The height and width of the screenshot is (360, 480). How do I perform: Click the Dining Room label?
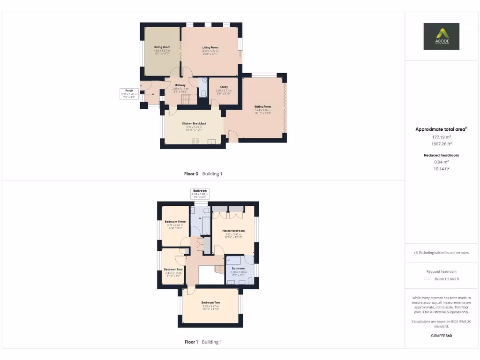(162, 47)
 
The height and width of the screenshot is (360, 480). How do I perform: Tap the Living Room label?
(210, 47)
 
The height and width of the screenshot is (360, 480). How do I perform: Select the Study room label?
(224, 87)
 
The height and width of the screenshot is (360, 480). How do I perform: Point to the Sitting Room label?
(262, 107)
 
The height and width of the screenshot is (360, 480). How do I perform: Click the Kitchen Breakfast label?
(194, 123)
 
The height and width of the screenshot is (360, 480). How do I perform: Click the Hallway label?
(180, 85)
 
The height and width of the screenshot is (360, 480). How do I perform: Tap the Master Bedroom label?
(233, 231)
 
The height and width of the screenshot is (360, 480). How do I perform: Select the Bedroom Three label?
(175, 222)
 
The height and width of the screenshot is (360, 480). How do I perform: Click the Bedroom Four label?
(173, 270)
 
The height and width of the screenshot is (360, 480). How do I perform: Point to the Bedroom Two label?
(211, 303)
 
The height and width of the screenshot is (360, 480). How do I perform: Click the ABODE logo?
(442, 37)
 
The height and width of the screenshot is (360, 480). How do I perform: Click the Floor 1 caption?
(191, 342)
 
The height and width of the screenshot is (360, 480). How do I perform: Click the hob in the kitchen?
(196, 141)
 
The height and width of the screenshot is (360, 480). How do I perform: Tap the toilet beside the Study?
(202, 93)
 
